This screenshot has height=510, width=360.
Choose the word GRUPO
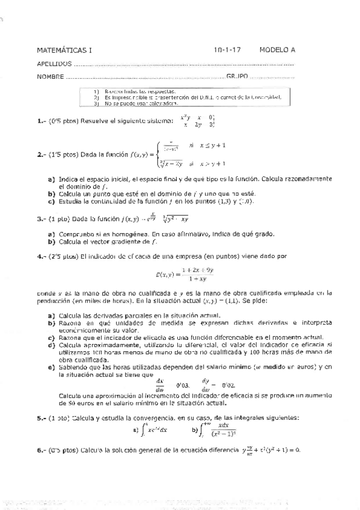237,76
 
